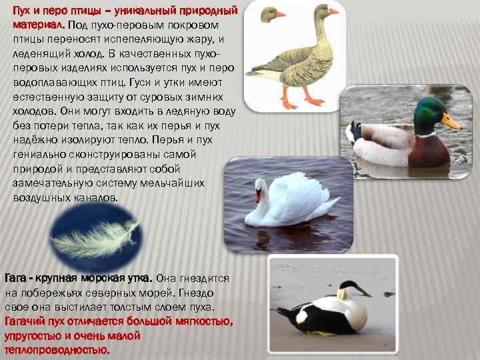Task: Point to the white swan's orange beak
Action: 258,195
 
